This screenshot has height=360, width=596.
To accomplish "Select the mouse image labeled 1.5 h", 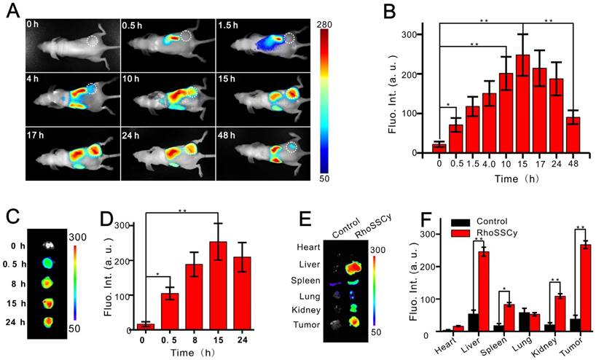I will click(x=264, y=44).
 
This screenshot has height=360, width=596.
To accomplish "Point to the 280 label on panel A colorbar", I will click(x=326, y=25).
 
